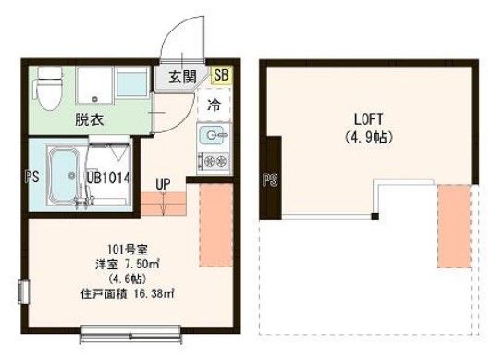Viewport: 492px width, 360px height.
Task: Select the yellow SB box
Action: [x=222, y=76]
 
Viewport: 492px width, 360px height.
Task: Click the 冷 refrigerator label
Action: [x=214, y=106]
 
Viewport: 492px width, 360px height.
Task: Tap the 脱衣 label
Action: [x=89, y=118]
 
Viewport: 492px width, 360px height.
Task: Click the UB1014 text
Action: [x=107, y=179]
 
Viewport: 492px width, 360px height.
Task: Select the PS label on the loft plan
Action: [x=271, y=180]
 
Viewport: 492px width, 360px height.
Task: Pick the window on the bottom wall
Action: [x=125, y=328]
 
